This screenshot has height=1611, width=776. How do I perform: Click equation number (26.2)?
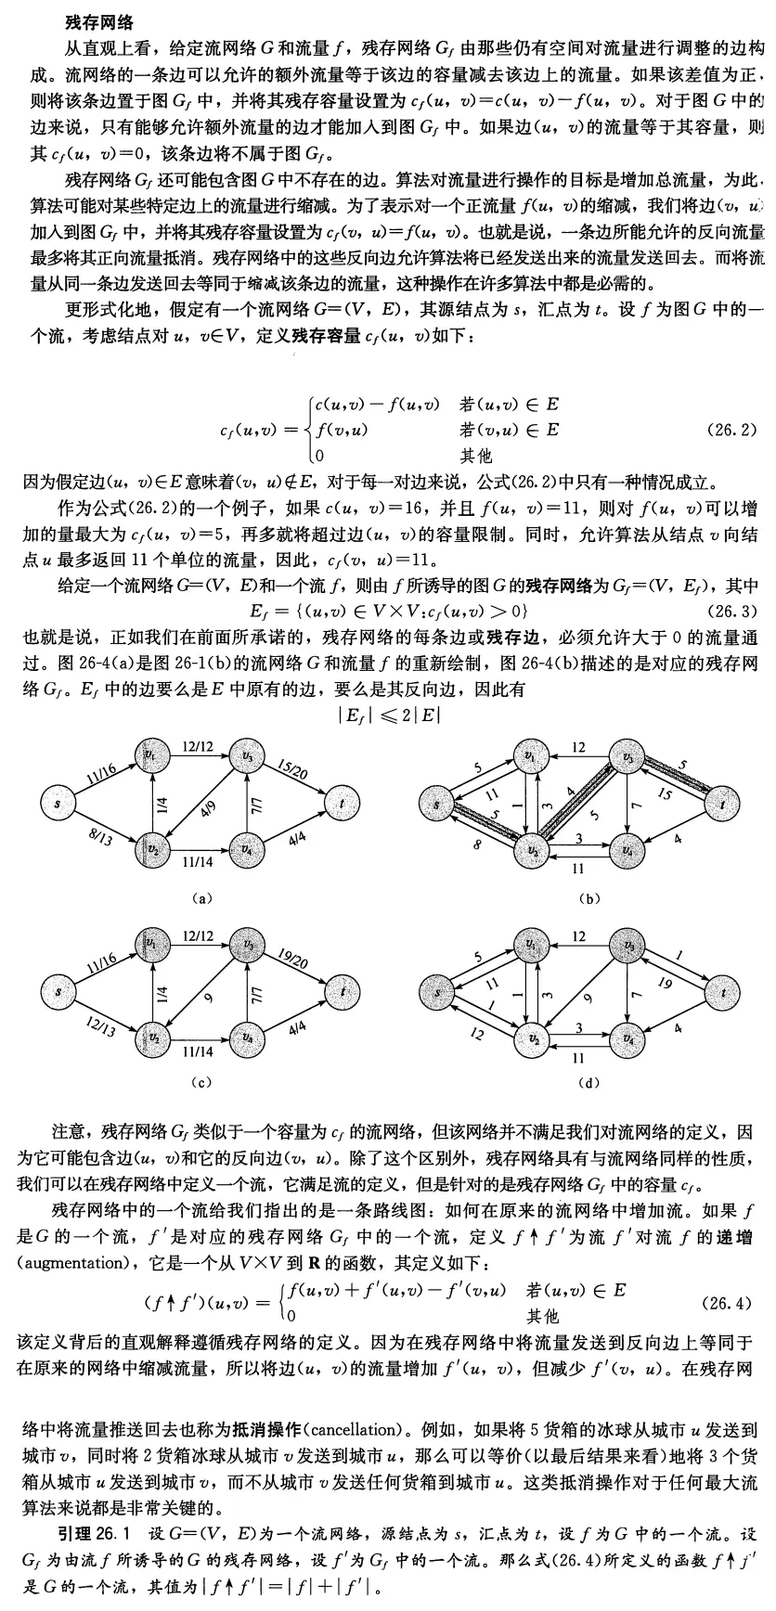pyautogui.click(x=731, y=431)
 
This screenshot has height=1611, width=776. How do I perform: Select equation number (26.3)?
pyautogui.click(x=731, y=611)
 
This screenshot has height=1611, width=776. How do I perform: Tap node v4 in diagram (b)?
pyautogui.click(x=628, y=848)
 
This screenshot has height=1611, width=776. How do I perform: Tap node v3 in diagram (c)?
pyautogui.click(x=248, y=945)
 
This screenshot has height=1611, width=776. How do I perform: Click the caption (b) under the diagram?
pyautogui.click(x=584, y=897)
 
